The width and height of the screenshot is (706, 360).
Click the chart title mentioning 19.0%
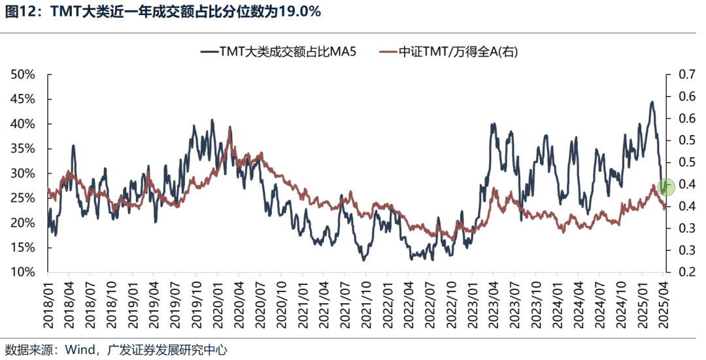click(163, 12)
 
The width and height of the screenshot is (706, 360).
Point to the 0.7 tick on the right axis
click(681, 74)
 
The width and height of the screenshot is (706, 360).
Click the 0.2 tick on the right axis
click(681, 272)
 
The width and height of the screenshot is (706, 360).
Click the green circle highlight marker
click(666, 187)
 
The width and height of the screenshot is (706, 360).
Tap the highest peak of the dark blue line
click(652, 102)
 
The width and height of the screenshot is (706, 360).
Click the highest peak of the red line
click(229, 129)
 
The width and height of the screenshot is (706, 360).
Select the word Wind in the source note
click(78, 350)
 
